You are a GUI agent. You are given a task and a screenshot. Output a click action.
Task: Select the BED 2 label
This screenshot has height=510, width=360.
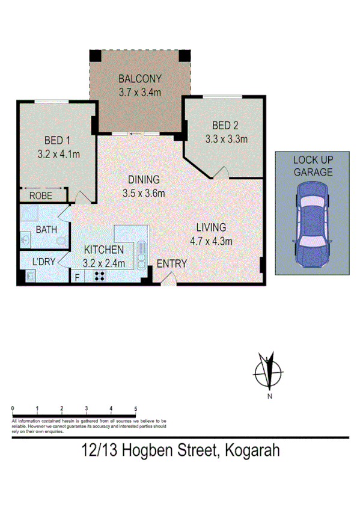(225, 126)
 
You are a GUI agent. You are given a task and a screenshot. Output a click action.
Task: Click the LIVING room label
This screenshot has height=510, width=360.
(210, 228)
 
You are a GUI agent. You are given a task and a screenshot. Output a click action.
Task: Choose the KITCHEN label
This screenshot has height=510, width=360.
(103, 250)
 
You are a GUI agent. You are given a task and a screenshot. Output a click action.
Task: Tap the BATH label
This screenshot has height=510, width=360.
(46, 230)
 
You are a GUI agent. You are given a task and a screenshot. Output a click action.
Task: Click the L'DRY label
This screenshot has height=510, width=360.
(44, 262)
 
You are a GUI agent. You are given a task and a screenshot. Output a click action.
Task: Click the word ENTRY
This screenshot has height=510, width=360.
(172, 263)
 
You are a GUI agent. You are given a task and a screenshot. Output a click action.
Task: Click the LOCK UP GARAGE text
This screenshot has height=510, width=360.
(313, 165)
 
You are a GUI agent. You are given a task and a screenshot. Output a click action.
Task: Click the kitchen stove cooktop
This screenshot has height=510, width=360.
(100, 277)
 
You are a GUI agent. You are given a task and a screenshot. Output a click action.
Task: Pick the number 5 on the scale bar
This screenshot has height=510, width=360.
(136, 408)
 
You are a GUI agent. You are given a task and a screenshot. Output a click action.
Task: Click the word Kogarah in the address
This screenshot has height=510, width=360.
(252, 450)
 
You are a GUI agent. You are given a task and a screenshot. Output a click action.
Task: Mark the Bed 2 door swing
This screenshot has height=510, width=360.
(221, 173)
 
